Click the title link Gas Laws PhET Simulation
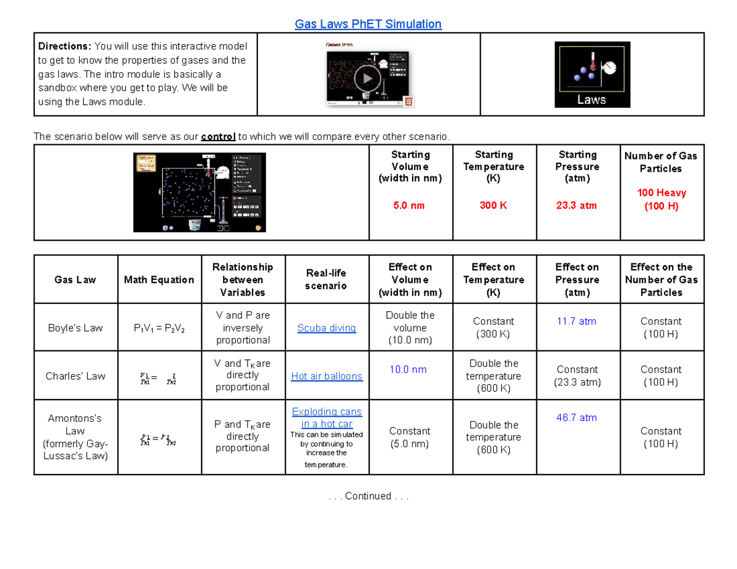(368, 24)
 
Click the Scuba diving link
(327, 328)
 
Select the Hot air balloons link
(327, 376)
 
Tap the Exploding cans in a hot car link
(327, 417)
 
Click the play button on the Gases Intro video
(367, 78)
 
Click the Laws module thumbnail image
(592, 74)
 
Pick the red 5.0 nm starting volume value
(410, 205)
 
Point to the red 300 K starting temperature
(493, 205)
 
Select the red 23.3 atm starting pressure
(577, 205)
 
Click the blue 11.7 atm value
(577, 321)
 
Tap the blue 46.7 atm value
(577, 417)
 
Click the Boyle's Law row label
(76, 328)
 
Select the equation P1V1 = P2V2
(159, 328)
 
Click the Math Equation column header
(159, 280)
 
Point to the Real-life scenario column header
(327, 279)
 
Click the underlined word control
(218, 136)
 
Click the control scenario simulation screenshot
(200, 192)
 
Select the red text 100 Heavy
(661, 193)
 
